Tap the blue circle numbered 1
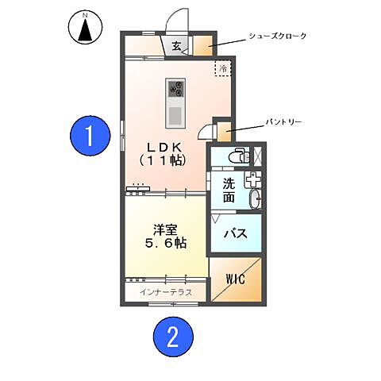90,137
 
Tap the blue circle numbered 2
172,338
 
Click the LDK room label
163,146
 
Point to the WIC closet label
237,279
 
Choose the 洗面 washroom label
229,190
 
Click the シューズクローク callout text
277,37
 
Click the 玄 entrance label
176,46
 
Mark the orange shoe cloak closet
202,44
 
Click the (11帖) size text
163,160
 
